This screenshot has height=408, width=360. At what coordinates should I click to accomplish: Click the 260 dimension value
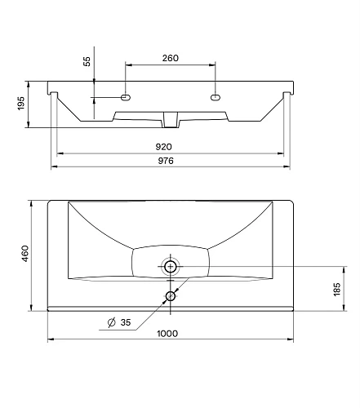point(171,59)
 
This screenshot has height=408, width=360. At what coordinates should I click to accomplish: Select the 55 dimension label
point(87,62)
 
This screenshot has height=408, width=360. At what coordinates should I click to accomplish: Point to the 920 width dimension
point(171,148)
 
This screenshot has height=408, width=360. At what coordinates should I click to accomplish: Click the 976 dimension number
point(171,161)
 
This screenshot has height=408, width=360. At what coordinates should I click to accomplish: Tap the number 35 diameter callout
point(126,322)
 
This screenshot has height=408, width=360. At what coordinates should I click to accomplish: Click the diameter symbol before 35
point(111,323)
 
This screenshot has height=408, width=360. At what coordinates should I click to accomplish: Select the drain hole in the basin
point(171,266)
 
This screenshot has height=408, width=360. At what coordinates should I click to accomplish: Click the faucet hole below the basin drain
point(171,296)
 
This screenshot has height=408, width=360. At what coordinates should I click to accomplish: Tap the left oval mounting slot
point(127,98)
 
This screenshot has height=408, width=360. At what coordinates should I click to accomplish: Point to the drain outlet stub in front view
point(171,121)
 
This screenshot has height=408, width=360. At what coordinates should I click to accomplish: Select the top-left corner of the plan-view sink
point(48,200)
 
